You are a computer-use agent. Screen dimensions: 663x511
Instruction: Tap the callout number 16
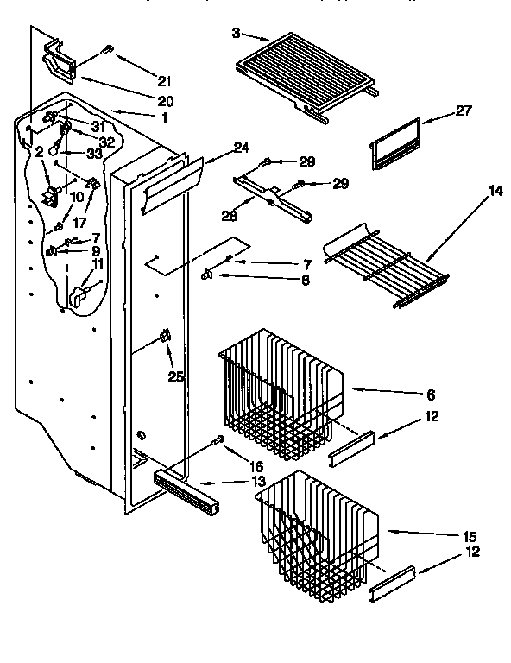point(232,465)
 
